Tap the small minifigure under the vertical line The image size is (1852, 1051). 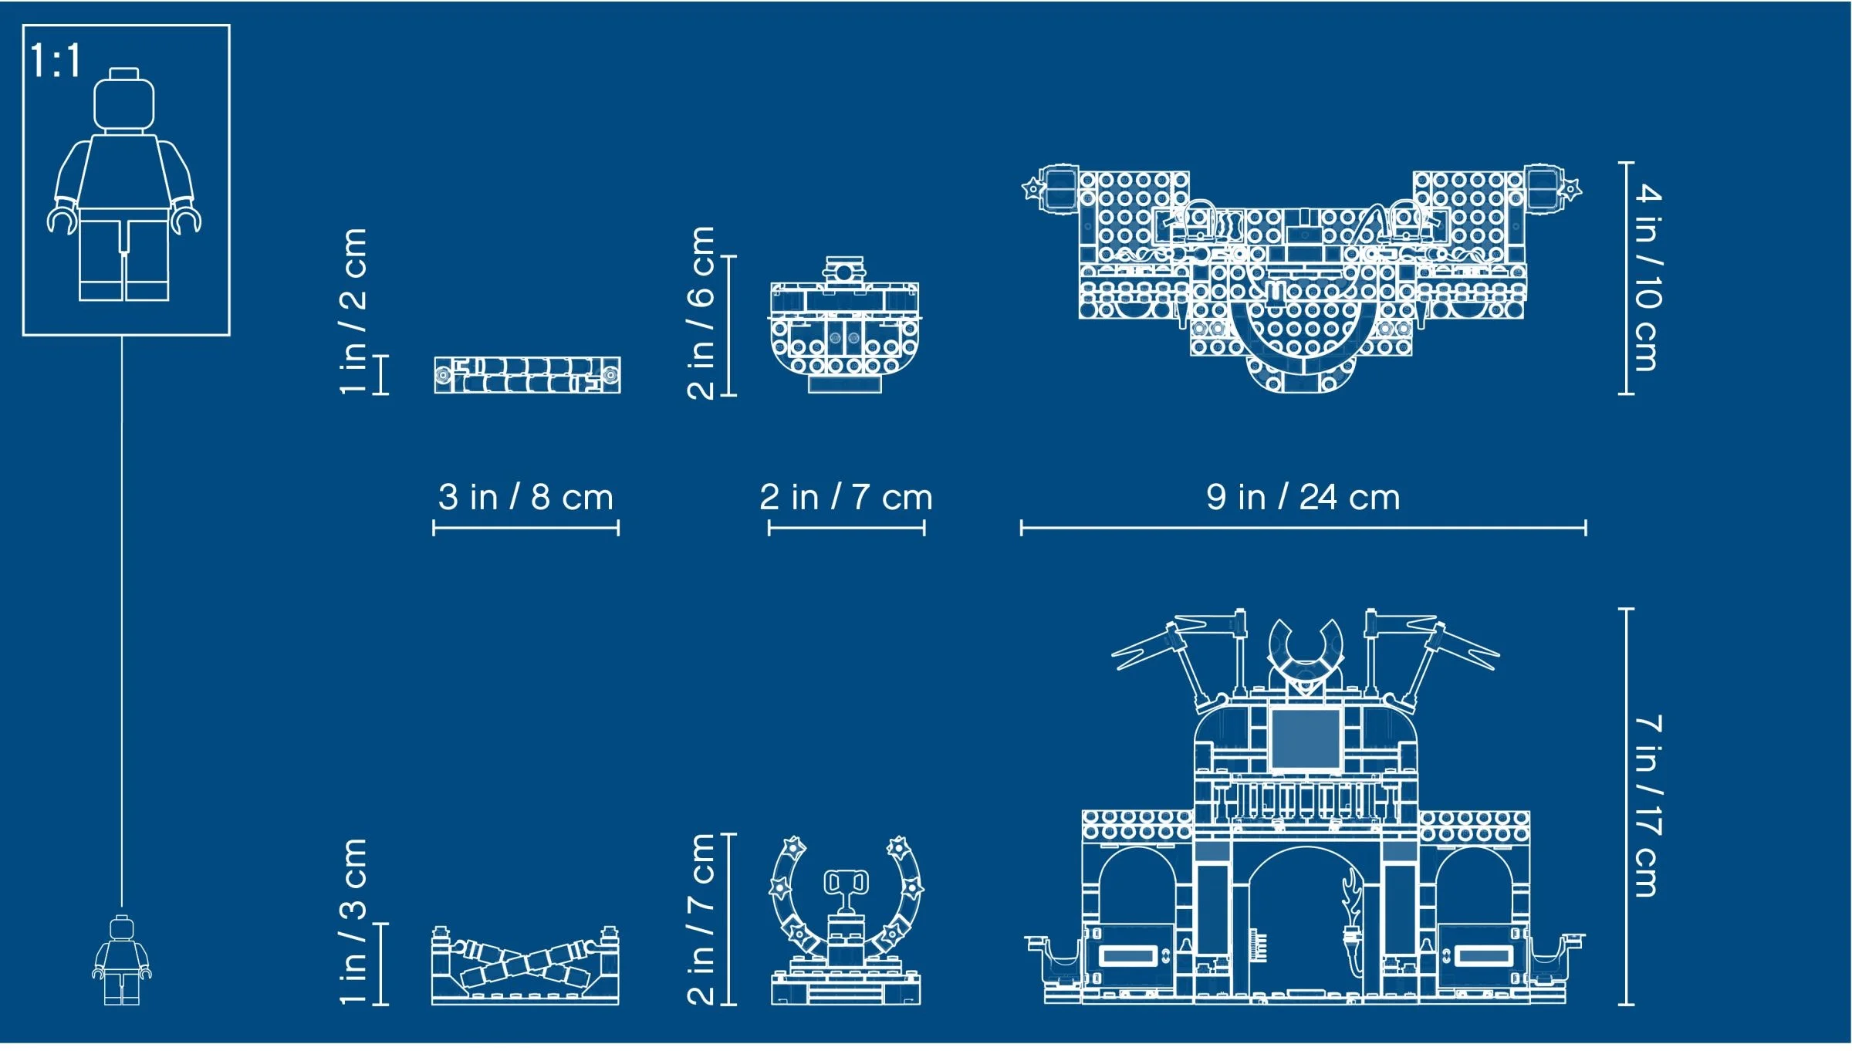coord(122,961)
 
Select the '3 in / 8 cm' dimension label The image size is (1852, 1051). coord(526,498)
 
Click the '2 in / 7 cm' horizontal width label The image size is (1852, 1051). coord(846,498)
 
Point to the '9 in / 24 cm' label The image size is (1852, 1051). coord(1303,498)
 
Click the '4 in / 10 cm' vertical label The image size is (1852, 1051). coord(1647,278)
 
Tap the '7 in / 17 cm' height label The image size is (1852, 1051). coord(1647,806)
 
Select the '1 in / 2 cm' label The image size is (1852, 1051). coord(353,311)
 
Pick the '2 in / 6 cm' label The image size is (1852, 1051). coord(701,313)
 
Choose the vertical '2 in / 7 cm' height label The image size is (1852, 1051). coord(701,918)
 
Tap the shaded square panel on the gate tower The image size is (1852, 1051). coord(1305,738)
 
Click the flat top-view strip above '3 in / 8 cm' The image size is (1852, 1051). coord(527,375)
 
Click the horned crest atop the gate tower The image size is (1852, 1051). coord(1305,652)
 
